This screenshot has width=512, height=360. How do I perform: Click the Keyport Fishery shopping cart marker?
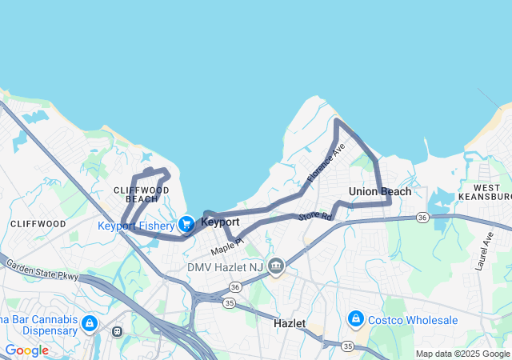[186, 224]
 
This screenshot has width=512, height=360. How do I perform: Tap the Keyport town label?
[220, 222]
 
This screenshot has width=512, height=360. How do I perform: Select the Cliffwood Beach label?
[142, 194]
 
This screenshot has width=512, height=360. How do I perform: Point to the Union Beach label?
[380, 191]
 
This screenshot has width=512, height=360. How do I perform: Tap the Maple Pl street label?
[226, 246]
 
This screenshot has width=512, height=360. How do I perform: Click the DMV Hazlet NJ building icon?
[276, 266]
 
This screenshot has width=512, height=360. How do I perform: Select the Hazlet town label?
[290, 323]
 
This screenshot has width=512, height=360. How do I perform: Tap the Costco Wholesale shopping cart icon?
[355, 320]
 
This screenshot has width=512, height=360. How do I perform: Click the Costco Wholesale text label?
[413, 320]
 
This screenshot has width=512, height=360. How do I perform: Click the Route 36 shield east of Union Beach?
[422, 217]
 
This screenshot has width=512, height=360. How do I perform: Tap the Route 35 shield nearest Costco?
[347, 346]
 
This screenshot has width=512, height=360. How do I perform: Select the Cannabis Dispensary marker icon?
[89, 323]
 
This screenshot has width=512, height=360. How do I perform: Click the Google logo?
[26, 350]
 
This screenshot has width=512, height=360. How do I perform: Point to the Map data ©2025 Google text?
[462, 354]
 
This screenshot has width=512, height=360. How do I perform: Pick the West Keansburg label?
[486, 191]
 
